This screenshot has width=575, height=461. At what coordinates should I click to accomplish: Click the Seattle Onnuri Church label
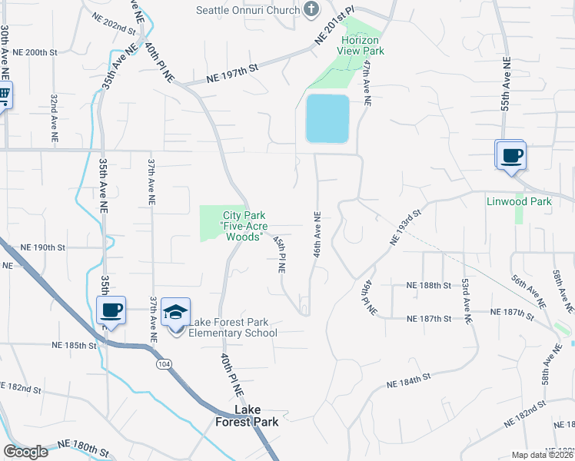click(248, 10)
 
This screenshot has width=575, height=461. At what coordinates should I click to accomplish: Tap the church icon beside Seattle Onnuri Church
click(311, 9)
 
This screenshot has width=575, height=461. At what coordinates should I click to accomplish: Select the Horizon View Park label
click(362, 45)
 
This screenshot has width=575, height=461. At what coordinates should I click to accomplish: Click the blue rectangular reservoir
click(327, 118)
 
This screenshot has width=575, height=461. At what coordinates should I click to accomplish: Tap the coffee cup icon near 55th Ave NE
click(511, 156)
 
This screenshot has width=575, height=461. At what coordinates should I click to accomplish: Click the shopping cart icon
click(3, 96)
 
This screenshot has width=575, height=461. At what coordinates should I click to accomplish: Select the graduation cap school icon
click(176, 313)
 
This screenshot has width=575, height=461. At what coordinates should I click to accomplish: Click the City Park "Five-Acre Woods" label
click(244, 226)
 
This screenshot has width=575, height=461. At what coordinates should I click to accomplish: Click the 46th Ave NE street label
click(317, 236)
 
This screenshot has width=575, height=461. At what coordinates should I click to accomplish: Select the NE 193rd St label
click(407, 227)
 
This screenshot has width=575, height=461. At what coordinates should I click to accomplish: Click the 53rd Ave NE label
click(465, 301)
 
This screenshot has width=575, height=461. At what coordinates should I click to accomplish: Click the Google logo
click(25, 452)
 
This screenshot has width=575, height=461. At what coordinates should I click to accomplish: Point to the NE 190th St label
click(44, 247)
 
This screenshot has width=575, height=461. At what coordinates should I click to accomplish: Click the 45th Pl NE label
click(280, 254)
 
